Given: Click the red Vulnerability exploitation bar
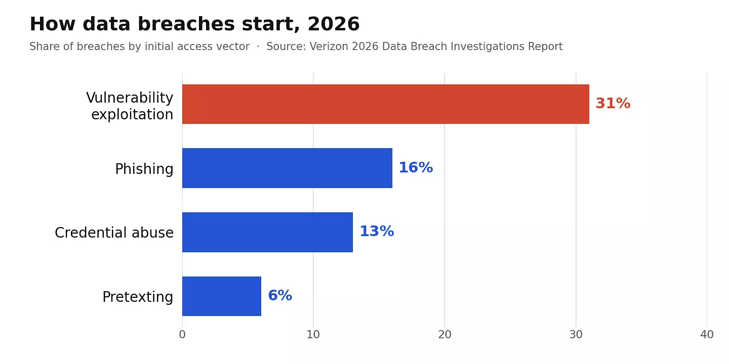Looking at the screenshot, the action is coord(386,104).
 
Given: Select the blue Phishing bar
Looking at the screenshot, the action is coord(287,168).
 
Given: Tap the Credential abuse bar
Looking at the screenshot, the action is coord(267,232).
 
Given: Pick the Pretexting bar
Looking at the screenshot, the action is coord(222,296).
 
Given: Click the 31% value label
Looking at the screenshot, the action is coord(613,104).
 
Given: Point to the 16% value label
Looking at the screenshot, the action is coord(416,168).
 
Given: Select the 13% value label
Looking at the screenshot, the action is coord(377,232).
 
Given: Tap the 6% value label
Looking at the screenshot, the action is coord(280,295).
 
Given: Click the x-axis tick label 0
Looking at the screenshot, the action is coord(182,335).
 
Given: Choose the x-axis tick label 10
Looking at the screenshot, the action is coord(313,335).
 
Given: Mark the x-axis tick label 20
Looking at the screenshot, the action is coord(444,335).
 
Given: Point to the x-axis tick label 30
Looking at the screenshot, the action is coord(576,335).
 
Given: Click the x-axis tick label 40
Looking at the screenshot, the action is coord(707,335).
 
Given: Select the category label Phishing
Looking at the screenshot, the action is coord(144,169).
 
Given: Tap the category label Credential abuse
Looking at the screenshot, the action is coord(114,233).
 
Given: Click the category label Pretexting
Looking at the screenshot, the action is coord(138,297).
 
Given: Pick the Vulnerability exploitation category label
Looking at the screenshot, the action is coord(130,106).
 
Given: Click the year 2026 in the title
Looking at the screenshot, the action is coord(334,24).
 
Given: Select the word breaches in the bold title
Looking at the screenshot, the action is coord(186,24).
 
